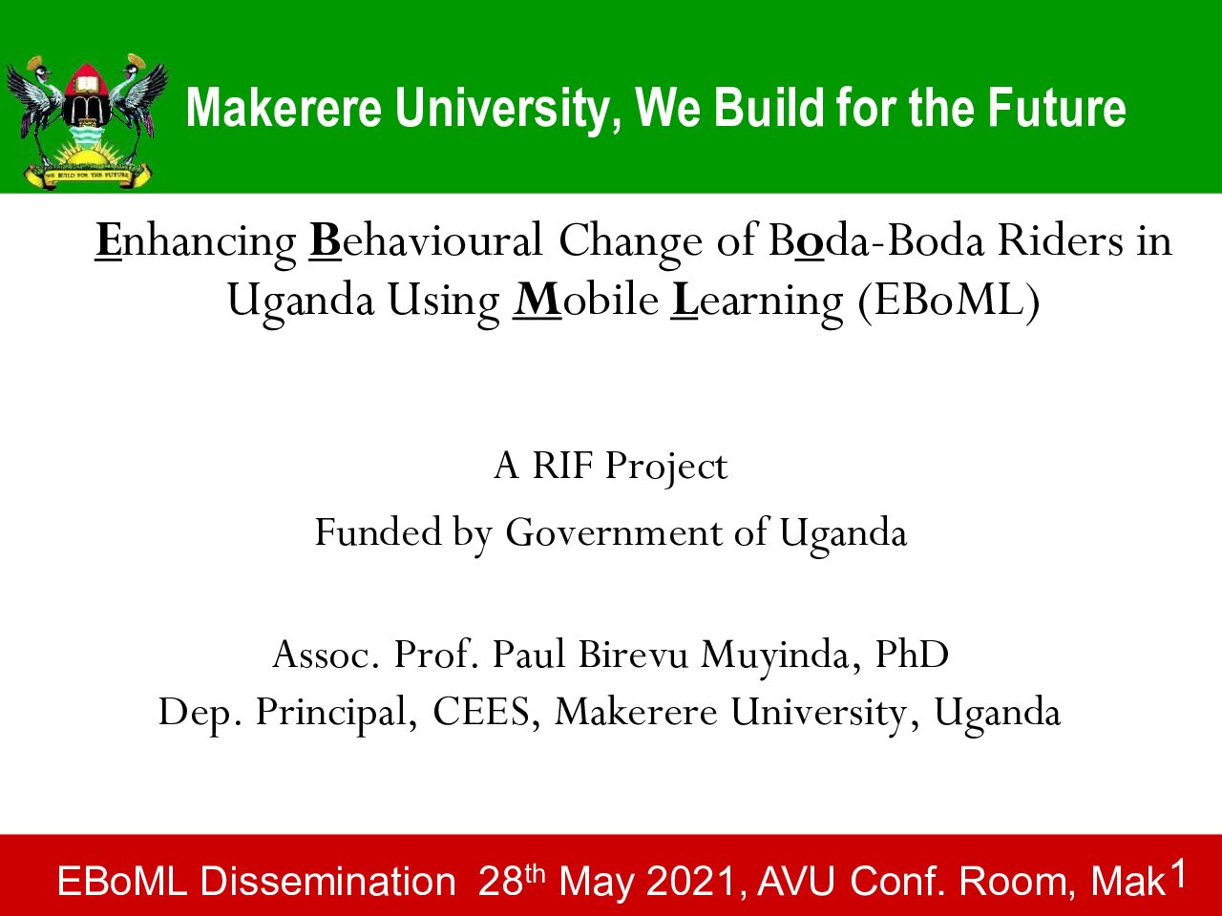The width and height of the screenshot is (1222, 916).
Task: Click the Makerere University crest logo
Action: coord(86,121)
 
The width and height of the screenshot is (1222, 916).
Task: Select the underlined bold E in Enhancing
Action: coord(108,240)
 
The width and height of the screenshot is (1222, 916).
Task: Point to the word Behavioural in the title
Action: coord(426,240)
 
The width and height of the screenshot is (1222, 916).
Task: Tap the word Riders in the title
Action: coord(1060,240)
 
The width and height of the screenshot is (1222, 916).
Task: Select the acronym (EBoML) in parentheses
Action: coord(949,301)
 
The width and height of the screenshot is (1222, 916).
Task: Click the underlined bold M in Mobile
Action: coord(537,301)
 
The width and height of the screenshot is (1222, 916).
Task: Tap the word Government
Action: coord(613,532)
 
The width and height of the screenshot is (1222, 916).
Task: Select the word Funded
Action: coord(378,531)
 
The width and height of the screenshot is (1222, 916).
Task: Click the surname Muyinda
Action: coord(775,656)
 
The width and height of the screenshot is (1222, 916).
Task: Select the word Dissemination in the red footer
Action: coord(327,881)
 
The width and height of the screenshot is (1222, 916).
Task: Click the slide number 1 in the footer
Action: coord(1179,875)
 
